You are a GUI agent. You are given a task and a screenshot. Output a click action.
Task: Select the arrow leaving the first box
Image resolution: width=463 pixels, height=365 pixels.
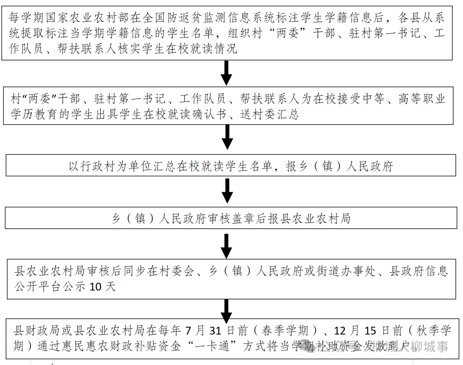tap(227, 73)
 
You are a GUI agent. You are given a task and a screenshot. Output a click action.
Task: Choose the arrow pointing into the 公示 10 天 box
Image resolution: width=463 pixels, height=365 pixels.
tap(228, 246)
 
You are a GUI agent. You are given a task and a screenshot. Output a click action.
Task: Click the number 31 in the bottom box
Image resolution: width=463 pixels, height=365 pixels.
tap(215, 331)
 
